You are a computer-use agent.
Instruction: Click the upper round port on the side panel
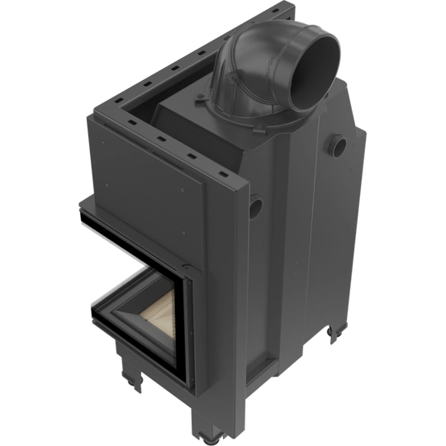pos(338,146)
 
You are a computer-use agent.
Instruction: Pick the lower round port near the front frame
pos(256,203)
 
